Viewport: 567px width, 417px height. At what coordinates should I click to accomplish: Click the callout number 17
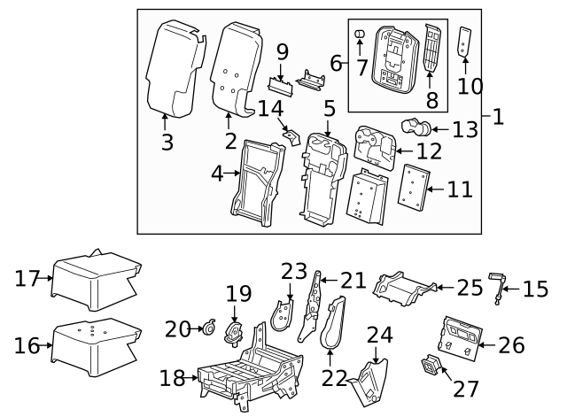[x=28, y=279]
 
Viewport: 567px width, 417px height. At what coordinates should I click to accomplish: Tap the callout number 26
[x=511, y=344]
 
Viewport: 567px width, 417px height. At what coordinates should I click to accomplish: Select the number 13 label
[x=464, y=130]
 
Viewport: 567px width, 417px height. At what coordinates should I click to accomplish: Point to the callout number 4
[x=216, y=174]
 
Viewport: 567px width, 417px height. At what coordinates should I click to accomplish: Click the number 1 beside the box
[x=498, y=116]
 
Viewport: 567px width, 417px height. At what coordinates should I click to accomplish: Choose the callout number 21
[x=353, y=281]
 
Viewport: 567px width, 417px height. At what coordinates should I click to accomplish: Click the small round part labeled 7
[x=361, y=35]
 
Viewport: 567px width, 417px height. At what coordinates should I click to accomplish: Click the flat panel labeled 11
[x=412, y=189]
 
